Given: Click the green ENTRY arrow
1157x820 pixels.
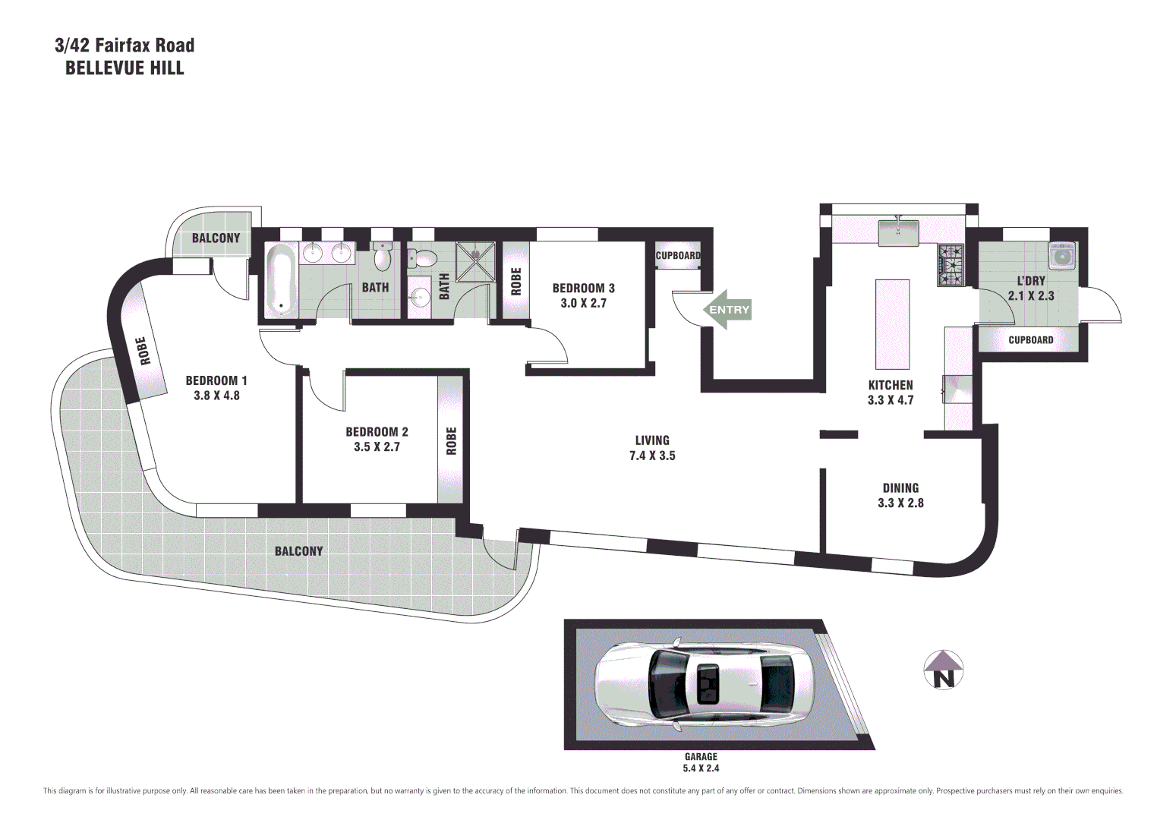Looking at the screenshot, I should [727, 309].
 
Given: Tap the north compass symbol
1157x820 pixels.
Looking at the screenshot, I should [943, 670].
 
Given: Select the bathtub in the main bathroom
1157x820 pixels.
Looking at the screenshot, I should [281, 280].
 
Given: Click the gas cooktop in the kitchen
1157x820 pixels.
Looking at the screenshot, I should [951, 265].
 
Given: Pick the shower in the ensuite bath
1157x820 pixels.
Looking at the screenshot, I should [475, 261].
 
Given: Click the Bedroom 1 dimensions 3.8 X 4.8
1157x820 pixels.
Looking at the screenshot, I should [216, 396].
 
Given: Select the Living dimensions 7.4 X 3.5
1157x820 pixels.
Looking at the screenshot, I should [652, 456].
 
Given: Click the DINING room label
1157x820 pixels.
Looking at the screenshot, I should [900, 488].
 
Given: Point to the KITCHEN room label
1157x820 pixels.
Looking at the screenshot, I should [891, 385].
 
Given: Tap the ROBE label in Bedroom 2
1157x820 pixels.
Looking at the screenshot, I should [452, 441].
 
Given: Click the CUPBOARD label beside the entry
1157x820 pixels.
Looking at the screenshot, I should [678, 256].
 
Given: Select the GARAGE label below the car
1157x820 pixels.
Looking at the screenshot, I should [701, 756].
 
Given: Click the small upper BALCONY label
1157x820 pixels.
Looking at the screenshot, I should [216, 238].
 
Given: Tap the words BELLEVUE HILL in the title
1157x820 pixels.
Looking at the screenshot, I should [125, 68].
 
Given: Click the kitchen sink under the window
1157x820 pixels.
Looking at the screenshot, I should [898, 232].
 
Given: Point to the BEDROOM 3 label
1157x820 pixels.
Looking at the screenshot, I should [583, 289].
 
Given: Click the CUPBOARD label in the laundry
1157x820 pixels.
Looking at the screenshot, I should [1030, 340].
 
